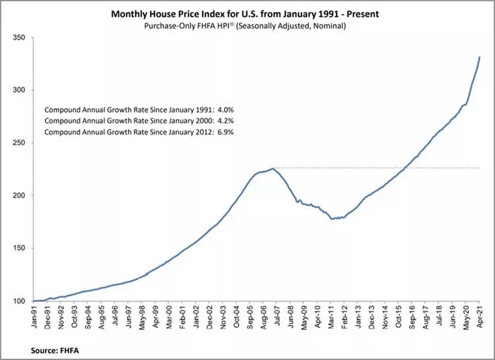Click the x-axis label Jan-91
35,315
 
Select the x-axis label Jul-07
276,315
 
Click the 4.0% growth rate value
224,111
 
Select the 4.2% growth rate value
224,122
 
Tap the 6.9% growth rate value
224,132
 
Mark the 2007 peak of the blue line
273,168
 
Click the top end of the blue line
479,57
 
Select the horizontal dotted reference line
375,168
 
